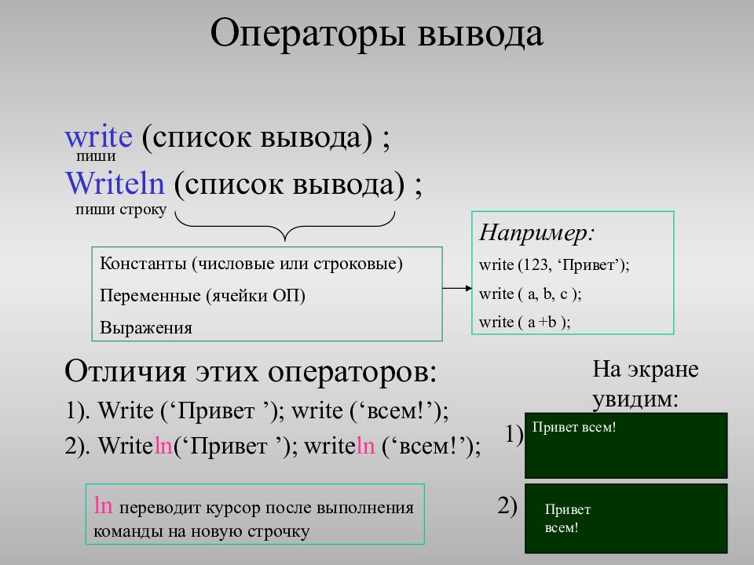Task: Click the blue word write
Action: click(99, 137)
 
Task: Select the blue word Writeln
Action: click(115, 183)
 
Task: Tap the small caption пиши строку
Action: click(121, 210)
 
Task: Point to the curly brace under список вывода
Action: click(284, 226)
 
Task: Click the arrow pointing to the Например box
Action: click(457, 288)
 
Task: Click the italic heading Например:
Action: click(536, 232)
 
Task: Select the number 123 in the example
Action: click(535, 264)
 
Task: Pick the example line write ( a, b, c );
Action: click(530, 293)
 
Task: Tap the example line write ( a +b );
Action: click(525, 322)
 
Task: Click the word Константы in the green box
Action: click(143, 264)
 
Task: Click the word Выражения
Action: click(146, 328)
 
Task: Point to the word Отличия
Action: click(126, 371)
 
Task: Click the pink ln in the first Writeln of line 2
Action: click(163, 446)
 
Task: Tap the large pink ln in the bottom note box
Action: click(104, 505)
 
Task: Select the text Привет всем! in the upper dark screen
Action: click(574, 427)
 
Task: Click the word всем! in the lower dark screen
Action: click(562, 528)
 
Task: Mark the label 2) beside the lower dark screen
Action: click(507, 505)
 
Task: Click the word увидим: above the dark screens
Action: click(635, 399)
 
